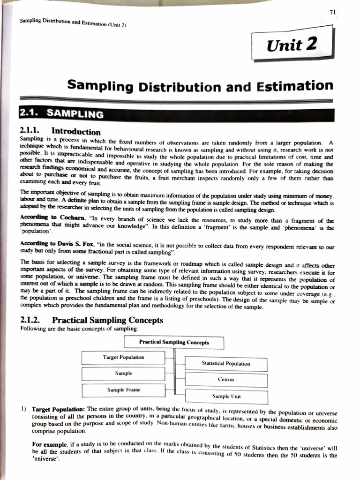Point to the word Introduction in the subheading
pyautogui.click(x=76, y=132)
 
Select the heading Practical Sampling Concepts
pyautogui.click(x=107, y=321)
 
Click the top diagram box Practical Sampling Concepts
pyautogui.click(x=174, y=342)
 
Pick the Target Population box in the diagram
pyautogui.click(x=123, y=358)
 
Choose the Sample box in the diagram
pyautogui.click(x=123, y=374)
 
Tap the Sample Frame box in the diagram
pyautogui.click(x=123, y=390)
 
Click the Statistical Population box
pyautogui.click(x=226, y=364)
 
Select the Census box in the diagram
pyautogui.click(x=226, y=380)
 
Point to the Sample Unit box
pyautogui.click(x=226, y=397)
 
